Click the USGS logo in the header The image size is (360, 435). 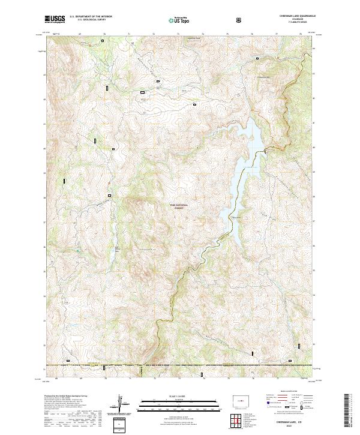tap(54, 20)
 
